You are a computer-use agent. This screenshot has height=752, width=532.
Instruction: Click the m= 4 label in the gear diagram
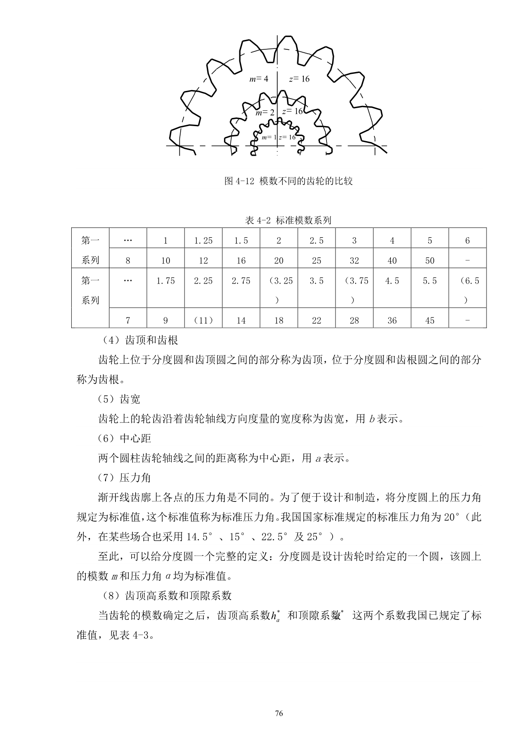[x=259, y=79]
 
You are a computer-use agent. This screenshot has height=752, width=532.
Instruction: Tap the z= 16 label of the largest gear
[x=299, y=79]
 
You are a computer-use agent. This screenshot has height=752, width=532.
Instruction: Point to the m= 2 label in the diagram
[x=265, y=113]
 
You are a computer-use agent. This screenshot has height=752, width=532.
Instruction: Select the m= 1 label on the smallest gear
[x=269, y=137]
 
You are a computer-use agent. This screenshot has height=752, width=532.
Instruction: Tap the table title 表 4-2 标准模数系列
[x=288, y=220]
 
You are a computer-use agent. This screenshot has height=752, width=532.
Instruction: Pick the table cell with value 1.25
[x=203, y=241]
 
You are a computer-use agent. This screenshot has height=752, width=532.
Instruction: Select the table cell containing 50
[x=429, y=261]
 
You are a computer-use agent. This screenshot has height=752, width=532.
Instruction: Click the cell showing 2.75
[x=241, y=281]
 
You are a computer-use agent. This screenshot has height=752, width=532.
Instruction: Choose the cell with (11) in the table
[x=203, y=320]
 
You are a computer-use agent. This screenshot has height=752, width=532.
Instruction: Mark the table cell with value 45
[x=429, y=320]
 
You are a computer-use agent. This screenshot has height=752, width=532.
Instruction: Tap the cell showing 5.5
[x=429, y=281]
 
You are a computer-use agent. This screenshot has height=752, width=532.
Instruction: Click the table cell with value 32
[x=354, y=261]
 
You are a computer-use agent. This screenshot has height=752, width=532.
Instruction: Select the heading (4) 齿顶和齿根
[x=140, y=341]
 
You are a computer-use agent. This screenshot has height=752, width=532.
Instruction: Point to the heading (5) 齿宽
[x=119, y=399]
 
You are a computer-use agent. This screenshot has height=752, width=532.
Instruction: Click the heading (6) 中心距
[x=124, y=438]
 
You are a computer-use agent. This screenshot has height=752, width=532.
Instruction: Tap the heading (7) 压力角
[x=124, y=477]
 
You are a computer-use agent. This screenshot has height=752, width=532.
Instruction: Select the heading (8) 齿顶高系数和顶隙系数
[x=167, y=595]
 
